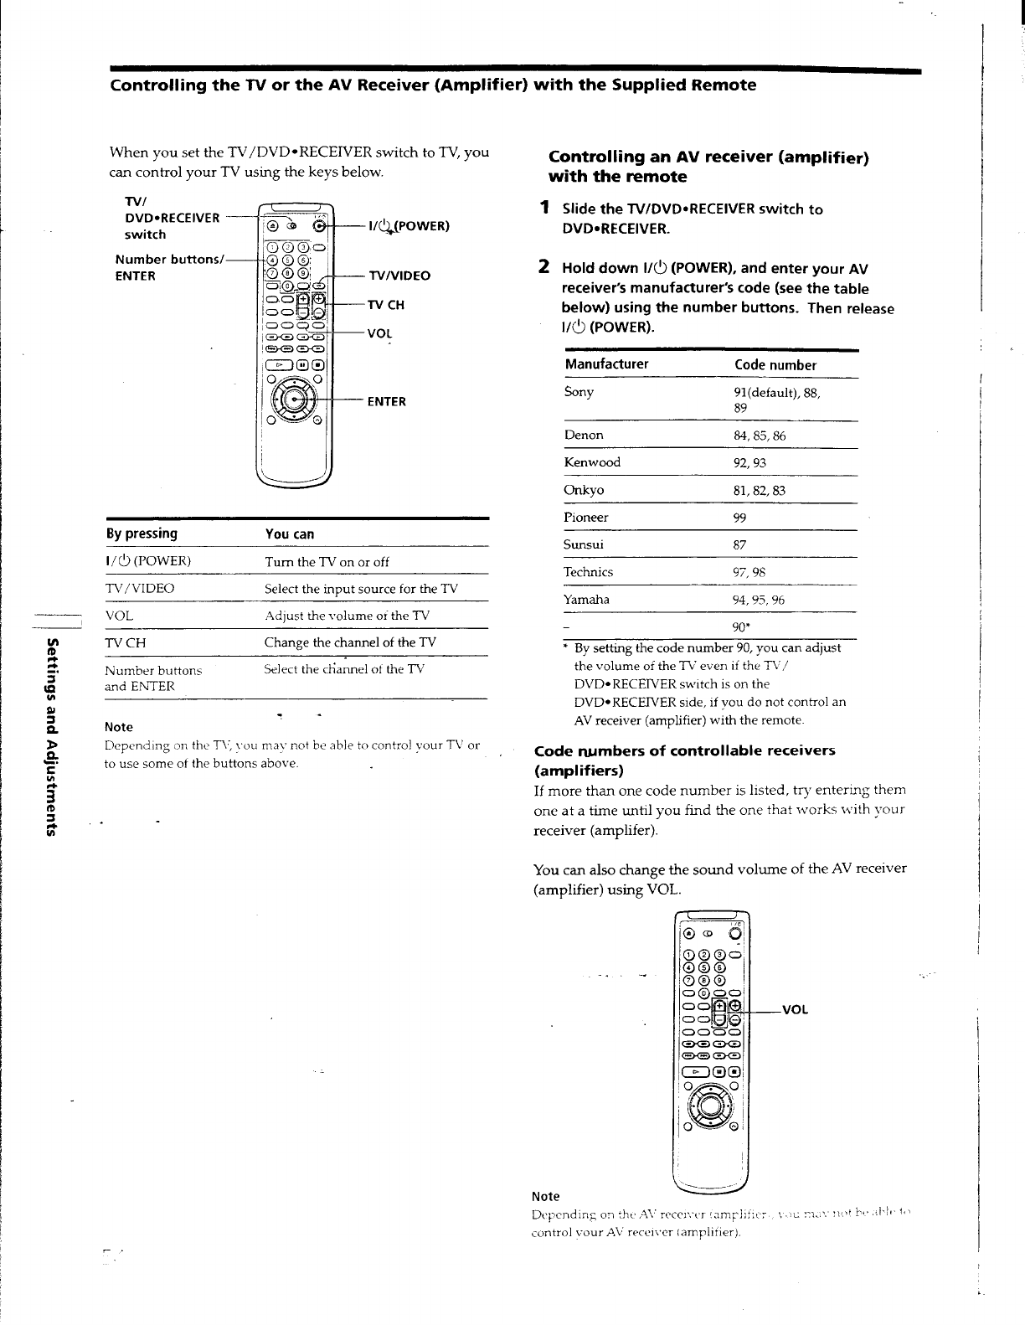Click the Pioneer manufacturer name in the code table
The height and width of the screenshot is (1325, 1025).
[x=586, y=518]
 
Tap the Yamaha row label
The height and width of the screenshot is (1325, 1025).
[x=587, y=600]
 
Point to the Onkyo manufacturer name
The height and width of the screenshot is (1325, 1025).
[x=585, y=490]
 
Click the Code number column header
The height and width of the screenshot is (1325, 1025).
[x=775, y=365]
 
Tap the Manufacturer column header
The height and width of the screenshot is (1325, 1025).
[x=606, y=364]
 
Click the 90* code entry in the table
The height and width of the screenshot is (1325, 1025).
[x=740, y=627]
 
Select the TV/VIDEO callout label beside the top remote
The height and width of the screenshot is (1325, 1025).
[x=399, y=276]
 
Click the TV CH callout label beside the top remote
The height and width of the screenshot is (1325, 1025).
[x=386, y=306]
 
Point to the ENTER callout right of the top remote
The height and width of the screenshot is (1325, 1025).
[x=386, y=402]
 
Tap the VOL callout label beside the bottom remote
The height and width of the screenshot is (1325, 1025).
[x=795, y=1010]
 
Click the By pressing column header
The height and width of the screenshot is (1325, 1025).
[x=142, y=534]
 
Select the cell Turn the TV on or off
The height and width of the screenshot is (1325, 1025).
[x=327, y=562]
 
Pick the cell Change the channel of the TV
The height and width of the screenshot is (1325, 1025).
[x=350, y=642]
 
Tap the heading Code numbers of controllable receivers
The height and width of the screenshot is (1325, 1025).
[x=684, y=750]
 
